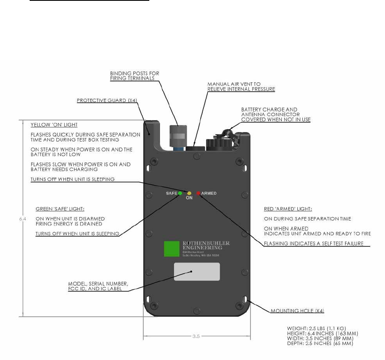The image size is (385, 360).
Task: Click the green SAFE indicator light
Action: (x=180, y=193)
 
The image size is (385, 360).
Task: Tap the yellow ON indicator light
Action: (x=189, y=193)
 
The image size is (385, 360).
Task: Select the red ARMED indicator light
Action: (x=198, y=193)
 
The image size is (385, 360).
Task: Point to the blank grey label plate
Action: (x=197, y=272)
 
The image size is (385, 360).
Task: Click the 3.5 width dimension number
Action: (x=196, y=336)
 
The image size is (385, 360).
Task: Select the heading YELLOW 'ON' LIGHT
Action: (x=54, y=125)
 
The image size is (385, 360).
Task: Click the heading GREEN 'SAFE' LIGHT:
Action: (x=57, y=209)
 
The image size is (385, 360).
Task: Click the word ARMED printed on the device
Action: (x=209, y=193)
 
